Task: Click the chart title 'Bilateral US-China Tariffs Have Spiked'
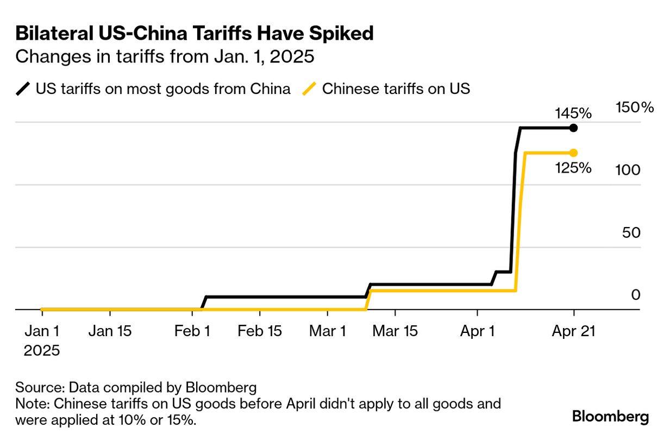(195, 34)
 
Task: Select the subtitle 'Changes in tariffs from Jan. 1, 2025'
(165, 56)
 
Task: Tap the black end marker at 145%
(573, 128)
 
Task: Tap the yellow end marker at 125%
(573, 153)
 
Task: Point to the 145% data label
(573, 114)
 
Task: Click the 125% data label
(573, 168)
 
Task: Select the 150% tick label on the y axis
(635, 108)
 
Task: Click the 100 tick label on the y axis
(628, 170)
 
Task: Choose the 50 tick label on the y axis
(631, 232)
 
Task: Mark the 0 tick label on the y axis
(636, 295)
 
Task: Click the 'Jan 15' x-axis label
(110, 331)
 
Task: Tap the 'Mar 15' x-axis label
(395, 331)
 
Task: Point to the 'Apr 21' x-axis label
(573, 331)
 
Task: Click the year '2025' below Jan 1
(41, 350)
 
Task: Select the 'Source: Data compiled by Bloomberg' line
(136, 388)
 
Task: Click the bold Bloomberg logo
(611, 417)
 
